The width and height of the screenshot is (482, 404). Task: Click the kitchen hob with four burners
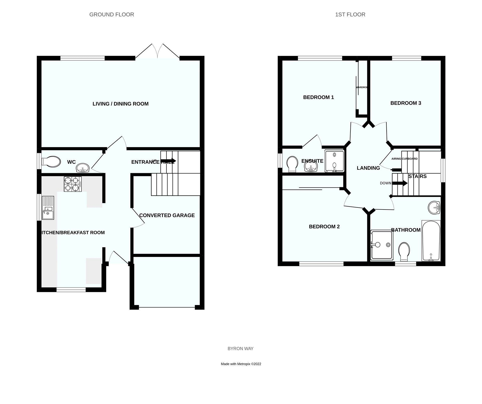[x=73, y=184]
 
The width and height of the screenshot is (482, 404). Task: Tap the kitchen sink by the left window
[x=48, y=208]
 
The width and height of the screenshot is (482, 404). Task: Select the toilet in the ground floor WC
[x=51, y=162]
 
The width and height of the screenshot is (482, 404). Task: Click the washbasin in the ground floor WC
[x=83, y=168]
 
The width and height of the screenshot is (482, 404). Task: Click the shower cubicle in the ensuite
[x=334, y=161]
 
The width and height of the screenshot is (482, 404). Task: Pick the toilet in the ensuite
[x=292, y=164]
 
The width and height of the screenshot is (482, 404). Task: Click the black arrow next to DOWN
[x=400, y=183]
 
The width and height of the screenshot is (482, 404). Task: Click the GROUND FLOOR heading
[x=112, y=15]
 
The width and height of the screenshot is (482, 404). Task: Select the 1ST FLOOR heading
[x=350, y=15]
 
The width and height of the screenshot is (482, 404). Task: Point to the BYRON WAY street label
[x=240, y=348]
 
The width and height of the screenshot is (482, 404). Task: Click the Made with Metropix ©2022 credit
[x=241, y=364]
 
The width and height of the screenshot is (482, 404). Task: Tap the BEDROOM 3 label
[x=406, y=103]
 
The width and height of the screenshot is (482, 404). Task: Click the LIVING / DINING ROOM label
[x=120, y=104]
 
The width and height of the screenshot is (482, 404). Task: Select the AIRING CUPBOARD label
[x=404, y=159]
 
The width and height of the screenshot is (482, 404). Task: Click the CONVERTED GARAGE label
[x=167, y=215]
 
